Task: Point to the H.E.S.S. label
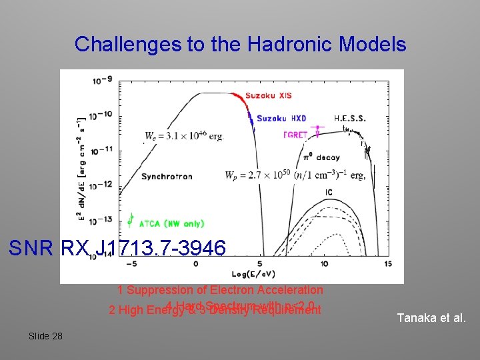[x=350, y=118]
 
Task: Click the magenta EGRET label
[x=295, y=135]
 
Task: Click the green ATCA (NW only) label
[x=171, y=224]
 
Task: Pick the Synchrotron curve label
[x=167, y=177]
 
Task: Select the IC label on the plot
[x=329, y=193]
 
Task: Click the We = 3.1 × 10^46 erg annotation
[x=184, y=136]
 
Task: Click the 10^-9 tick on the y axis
[x=103, y=80]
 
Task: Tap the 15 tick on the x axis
[x=389, y=264]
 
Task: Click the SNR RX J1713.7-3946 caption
[x=117, y=249]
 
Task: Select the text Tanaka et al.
[x=431, y=318]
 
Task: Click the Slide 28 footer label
[x=45, y=336]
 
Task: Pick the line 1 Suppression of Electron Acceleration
[x=220, y=290]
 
